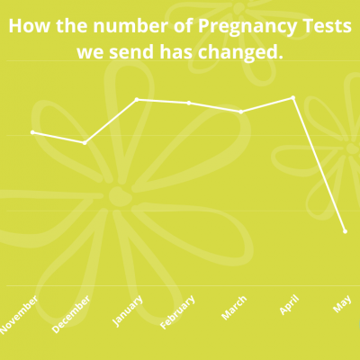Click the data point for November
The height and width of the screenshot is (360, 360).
click(32, 132)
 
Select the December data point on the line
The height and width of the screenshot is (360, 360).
click(85, 143)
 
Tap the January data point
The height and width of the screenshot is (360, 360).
click(137, 99)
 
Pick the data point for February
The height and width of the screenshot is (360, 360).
click(189, 103)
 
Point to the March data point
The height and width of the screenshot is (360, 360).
click(241, 112)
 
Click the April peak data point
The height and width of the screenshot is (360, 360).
click(293, 97)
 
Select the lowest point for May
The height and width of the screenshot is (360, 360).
click(345, 231)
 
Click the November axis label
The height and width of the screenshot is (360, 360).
click(19, 315)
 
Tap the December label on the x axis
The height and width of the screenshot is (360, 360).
click(71, 314)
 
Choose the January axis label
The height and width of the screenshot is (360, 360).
click(128, 310)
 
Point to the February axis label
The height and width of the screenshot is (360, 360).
click(177, 312)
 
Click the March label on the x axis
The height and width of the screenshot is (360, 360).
click(234, 307)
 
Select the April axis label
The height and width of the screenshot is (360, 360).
click(290, 304)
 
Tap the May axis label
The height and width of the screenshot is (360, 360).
click(342, 303)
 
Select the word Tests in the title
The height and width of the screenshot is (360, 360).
click(327, 26)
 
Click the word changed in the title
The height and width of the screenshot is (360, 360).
click(240, 53)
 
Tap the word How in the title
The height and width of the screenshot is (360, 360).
click(29, 26)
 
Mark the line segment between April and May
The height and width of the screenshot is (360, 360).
click(319, 165)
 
